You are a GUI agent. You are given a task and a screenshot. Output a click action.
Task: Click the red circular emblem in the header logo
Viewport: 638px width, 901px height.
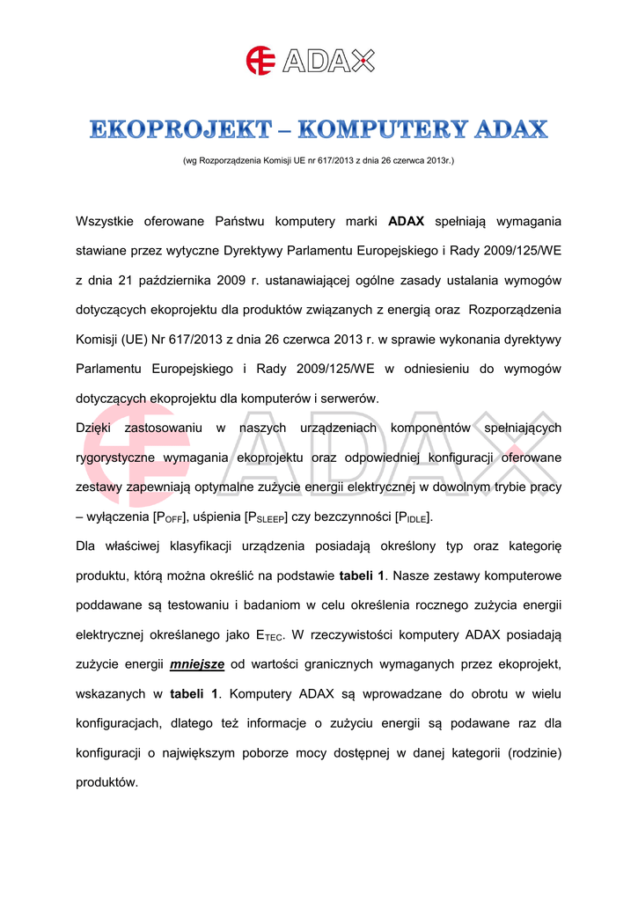[260, 60]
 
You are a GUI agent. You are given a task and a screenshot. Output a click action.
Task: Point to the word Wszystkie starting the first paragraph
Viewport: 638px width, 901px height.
[110, 220]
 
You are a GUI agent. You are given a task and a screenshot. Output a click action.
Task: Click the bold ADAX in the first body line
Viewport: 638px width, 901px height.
[407, 220]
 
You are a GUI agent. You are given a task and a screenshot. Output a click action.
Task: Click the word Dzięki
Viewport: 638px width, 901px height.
[93, 428]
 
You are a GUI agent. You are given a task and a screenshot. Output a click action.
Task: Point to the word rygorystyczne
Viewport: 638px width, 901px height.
[115, 458]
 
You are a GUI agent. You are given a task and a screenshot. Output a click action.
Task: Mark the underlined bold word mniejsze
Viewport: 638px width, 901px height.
[198, 664]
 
